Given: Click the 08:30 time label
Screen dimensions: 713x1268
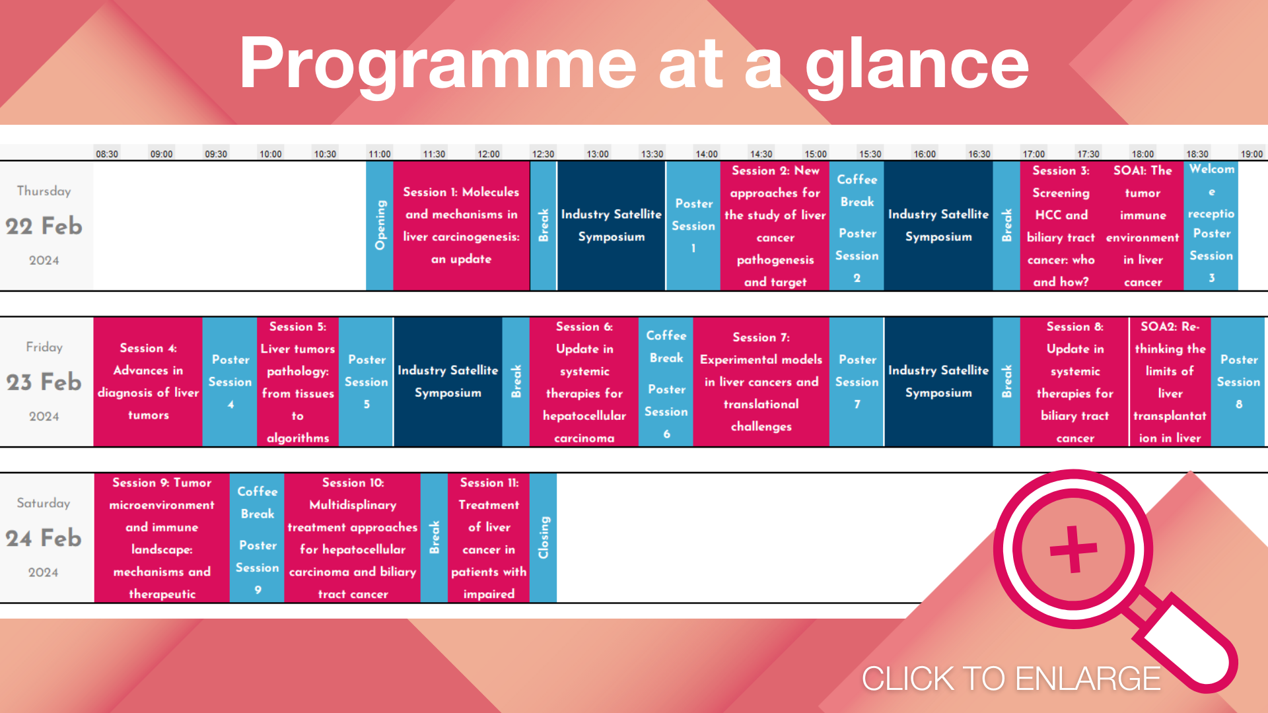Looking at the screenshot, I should tap(107, 154).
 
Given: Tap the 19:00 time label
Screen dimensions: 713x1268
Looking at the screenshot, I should tap(1251, 154).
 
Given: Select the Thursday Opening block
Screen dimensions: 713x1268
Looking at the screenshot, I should tap(380, 226).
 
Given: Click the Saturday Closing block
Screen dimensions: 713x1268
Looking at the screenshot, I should tap(544, 537).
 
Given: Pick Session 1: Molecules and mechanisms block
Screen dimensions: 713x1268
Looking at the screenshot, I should tap(461, 226).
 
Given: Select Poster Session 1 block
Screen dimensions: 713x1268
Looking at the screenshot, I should tap(693, 226).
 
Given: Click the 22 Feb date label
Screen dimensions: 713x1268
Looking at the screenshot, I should tap(44, 226).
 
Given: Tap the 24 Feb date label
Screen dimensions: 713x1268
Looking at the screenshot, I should tap(44, 538).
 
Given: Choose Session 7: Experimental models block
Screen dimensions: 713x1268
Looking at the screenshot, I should tap(761, 382).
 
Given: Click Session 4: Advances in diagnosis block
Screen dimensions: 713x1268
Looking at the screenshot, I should tap(148, 382).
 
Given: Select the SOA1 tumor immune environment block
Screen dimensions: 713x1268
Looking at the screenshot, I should tap(1143, 226).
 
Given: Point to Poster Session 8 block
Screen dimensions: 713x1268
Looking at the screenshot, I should tap(1238, 382).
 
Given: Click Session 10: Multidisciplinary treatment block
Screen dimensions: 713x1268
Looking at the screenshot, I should tap(353, 537).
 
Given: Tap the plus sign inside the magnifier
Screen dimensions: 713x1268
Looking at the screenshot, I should tap(1074, 549).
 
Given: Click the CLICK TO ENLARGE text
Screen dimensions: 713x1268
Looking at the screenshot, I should tap(1011, 679).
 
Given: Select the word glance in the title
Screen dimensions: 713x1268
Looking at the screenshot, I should tap(917, 64).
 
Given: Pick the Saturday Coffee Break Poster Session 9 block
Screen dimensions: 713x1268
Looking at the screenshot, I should tap(257, 537).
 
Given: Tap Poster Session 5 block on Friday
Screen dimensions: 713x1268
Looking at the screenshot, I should tap(366, 382).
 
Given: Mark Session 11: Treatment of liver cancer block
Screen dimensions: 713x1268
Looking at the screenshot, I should tap(489, 537).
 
